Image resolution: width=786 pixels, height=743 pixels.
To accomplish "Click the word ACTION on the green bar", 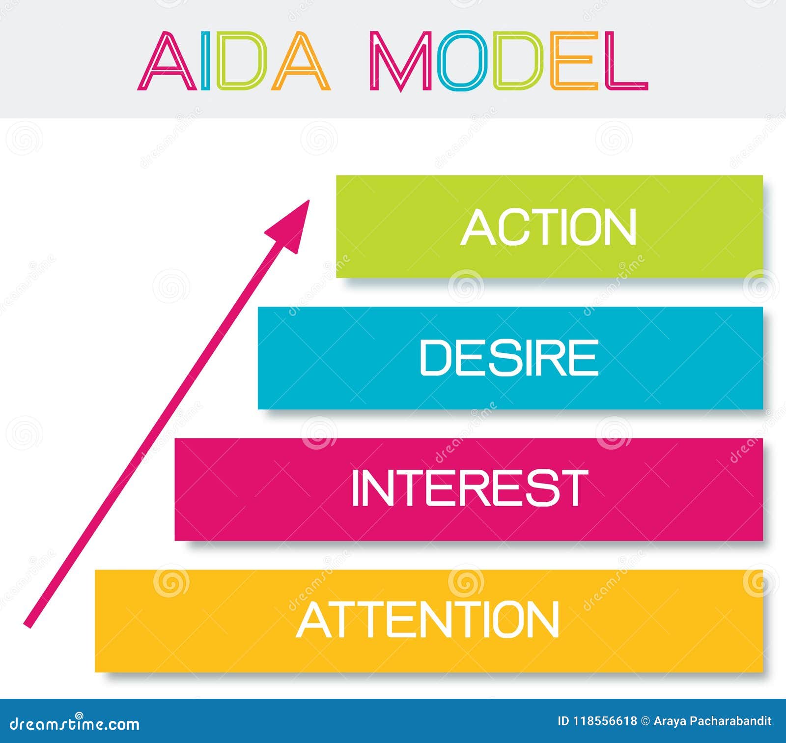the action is pyautogui.click(x=549, y=227).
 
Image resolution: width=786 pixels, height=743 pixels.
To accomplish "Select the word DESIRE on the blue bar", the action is pyautogui.click(x=509, y=358).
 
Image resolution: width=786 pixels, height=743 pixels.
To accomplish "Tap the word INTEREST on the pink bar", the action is pyautogui.click(x=470, y=487).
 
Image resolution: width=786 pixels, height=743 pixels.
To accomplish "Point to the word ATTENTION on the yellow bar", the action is pyautogui.click(x=427, y=619).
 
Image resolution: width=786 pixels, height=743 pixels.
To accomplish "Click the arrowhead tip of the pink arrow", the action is pyautogui.click(x=309, y=200).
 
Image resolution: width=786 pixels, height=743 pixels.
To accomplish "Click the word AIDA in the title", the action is pyautogui.click(x=234, y=61).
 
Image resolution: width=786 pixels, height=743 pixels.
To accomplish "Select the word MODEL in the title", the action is pyautogui.click(x=508, y=61).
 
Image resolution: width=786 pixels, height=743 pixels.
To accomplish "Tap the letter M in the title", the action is pyautogui.click(x=400, y=61).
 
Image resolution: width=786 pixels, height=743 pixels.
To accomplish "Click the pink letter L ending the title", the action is pyautogui.click(x=626, y=61).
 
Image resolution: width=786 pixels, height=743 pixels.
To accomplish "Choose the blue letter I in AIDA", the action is pyautogui.click(x=206, y=61).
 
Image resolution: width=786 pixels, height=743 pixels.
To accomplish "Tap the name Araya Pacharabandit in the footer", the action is pyautogui.click(x=713, y=721).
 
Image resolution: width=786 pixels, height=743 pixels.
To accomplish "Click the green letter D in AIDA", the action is pyautogui.click(x=242, y=61).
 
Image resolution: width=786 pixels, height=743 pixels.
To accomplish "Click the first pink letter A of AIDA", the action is pyautogui.click(x=167, y=62).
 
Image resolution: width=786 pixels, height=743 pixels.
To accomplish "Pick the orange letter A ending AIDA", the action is pyautogui.click(x=301, y=62).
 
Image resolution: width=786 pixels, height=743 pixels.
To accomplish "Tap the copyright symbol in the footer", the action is pyautogui.click(x=645, y=721).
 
